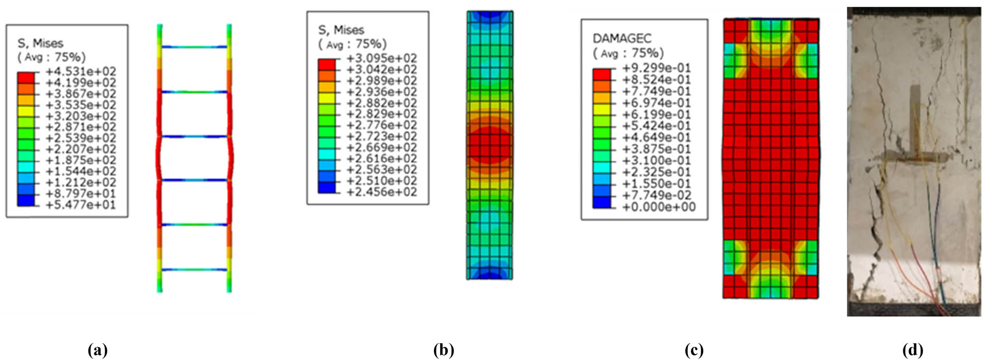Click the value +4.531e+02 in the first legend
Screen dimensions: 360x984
(81, 72)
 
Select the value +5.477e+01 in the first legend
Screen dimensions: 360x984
(81, 205)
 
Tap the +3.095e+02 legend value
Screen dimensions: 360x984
(381, 59)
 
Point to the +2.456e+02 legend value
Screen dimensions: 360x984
(381, 192)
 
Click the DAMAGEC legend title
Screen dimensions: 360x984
(622, 38)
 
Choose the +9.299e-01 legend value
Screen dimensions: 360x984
(656, 68)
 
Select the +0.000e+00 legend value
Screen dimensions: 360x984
(658, 207)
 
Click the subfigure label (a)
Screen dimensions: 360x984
(97, 350)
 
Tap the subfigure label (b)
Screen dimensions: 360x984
(443, 350)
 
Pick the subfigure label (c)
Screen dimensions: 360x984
(694, 350)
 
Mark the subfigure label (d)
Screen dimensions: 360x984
(913, 350)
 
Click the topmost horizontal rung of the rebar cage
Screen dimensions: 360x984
(194, 47)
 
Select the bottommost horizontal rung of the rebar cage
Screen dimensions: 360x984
(194, 270)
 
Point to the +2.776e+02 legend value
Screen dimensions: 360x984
(381, 125)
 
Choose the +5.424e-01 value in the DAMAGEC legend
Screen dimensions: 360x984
(656, 126)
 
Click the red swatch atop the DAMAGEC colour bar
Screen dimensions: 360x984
(602, 74)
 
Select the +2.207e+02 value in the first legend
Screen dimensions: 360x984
(81, 149)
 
